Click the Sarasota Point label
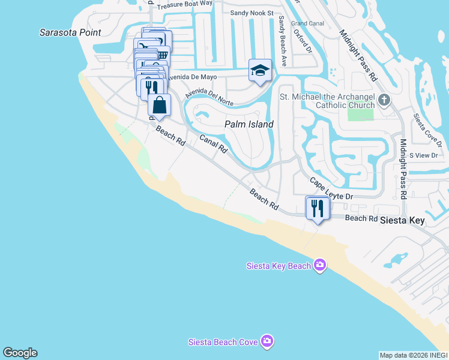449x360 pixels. tap(70, 32)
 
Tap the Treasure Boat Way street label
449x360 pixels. tap(188, 3)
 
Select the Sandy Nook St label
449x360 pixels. tap(252, 13)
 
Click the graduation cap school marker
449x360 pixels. tap(260, 71)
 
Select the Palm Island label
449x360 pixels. tap(249, 124)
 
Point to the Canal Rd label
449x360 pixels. tap(214, 143)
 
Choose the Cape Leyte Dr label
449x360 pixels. tap(331, 188)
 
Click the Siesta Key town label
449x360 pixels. tap(402, 220)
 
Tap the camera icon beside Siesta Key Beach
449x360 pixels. tap(320, 266)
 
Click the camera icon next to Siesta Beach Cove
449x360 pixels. tap(268, 341)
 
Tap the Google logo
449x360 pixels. tap(20, 353)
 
